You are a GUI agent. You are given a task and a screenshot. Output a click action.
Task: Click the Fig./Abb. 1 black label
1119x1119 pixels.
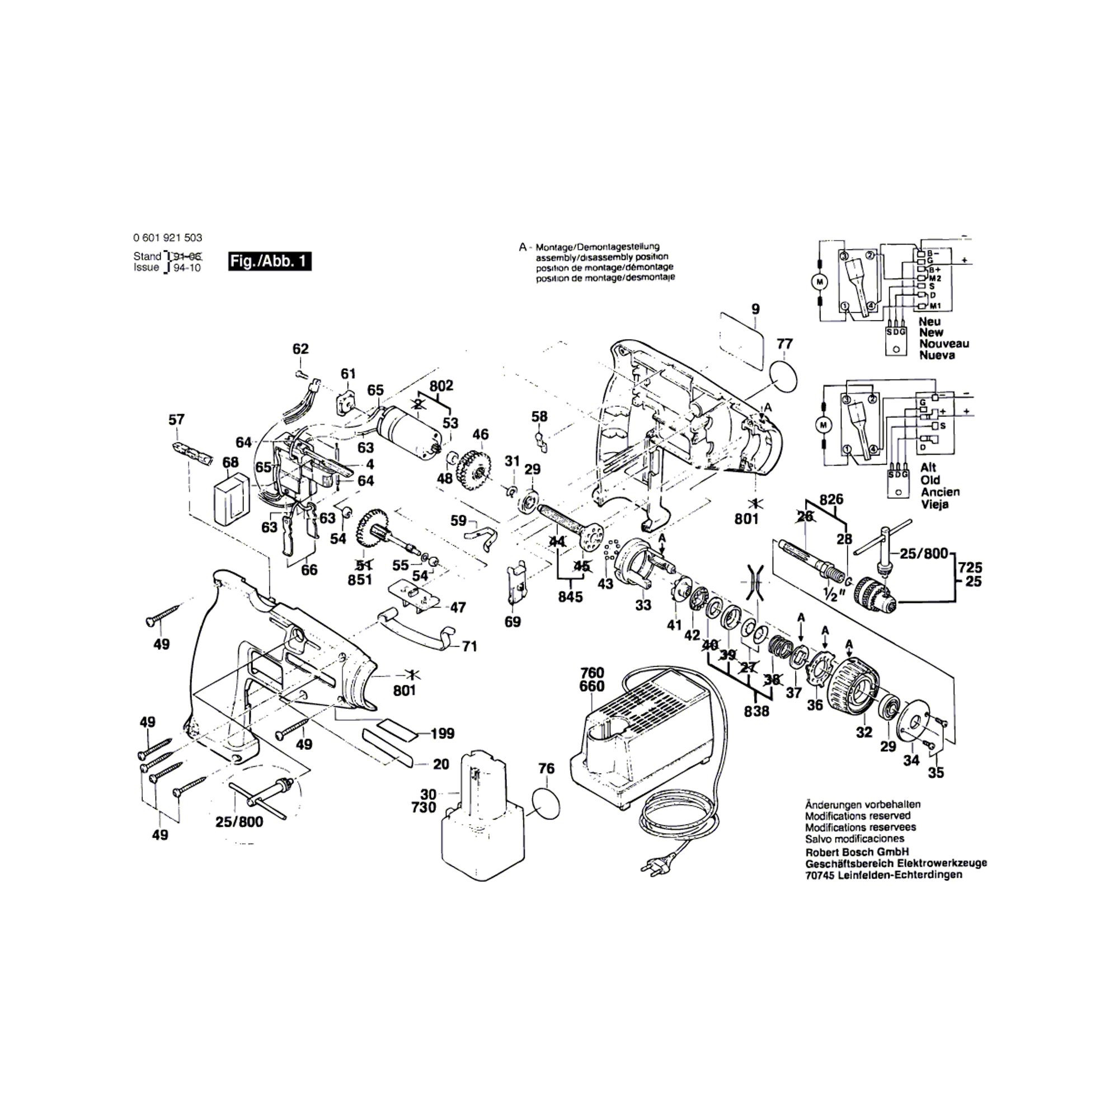(x=270, y=261)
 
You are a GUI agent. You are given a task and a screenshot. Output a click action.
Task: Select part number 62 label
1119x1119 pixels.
(x=300, y=349)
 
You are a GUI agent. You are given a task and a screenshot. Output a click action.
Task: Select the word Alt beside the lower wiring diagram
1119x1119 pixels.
(x=928, y=467)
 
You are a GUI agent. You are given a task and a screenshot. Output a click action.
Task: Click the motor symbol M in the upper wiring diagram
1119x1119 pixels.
(x=819, y=282)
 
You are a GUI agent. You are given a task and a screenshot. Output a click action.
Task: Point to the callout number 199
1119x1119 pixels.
(x=443, y=734)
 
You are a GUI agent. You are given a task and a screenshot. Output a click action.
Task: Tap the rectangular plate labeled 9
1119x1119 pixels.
(x=741, y=341)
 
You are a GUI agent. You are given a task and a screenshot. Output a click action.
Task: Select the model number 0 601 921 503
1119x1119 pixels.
(x=168, y=237)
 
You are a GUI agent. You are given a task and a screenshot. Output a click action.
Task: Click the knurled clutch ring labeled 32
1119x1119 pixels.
(x=855, y=692)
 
